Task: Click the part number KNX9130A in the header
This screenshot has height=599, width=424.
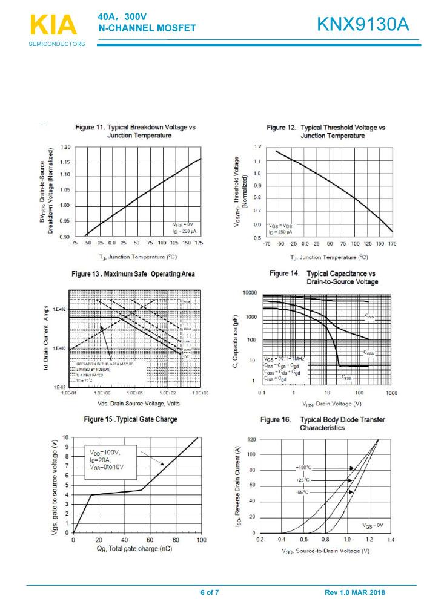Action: pos(363,25)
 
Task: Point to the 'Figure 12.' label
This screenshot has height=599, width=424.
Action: pos(282,128)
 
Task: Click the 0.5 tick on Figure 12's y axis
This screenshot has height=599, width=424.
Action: pos(257,237)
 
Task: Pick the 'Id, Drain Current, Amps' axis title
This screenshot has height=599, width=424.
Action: pos(46,338)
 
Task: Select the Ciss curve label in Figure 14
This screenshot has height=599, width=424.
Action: pos(369,316)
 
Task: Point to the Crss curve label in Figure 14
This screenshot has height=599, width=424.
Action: pos(346,377)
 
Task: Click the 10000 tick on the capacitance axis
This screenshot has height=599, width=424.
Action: pos(250,293)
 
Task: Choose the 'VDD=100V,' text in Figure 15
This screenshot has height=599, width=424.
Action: pos(105,452)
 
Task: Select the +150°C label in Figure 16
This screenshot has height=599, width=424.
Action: pos(303,468)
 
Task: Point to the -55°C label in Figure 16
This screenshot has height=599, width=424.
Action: pos(302,492)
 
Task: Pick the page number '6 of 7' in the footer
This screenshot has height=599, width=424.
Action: pos(210,592)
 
